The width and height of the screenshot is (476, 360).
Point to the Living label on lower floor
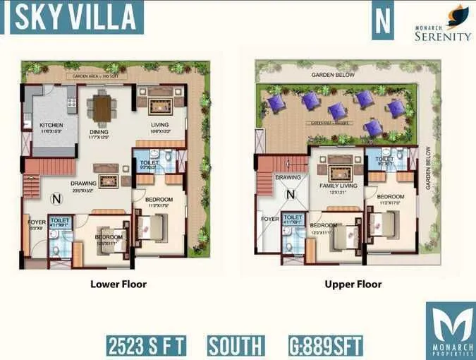[161, 124]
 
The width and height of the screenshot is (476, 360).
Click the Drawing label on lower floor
[83, 184]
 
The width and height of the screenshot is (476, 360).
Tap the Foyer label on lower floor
[35, 222]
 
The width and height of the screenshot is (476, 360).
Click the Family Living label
[338, 186]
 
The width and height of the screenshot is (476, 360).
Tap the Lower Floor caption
[118, 284]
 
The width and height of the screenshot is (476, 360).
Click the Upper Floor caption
[353, 284]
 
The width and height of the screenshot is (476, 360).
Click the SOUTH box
[236, 346]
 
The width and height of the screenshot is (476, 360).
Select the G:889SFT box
[325, 346]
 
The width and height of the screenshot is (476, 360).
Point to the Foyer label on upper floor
[270, 219]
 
